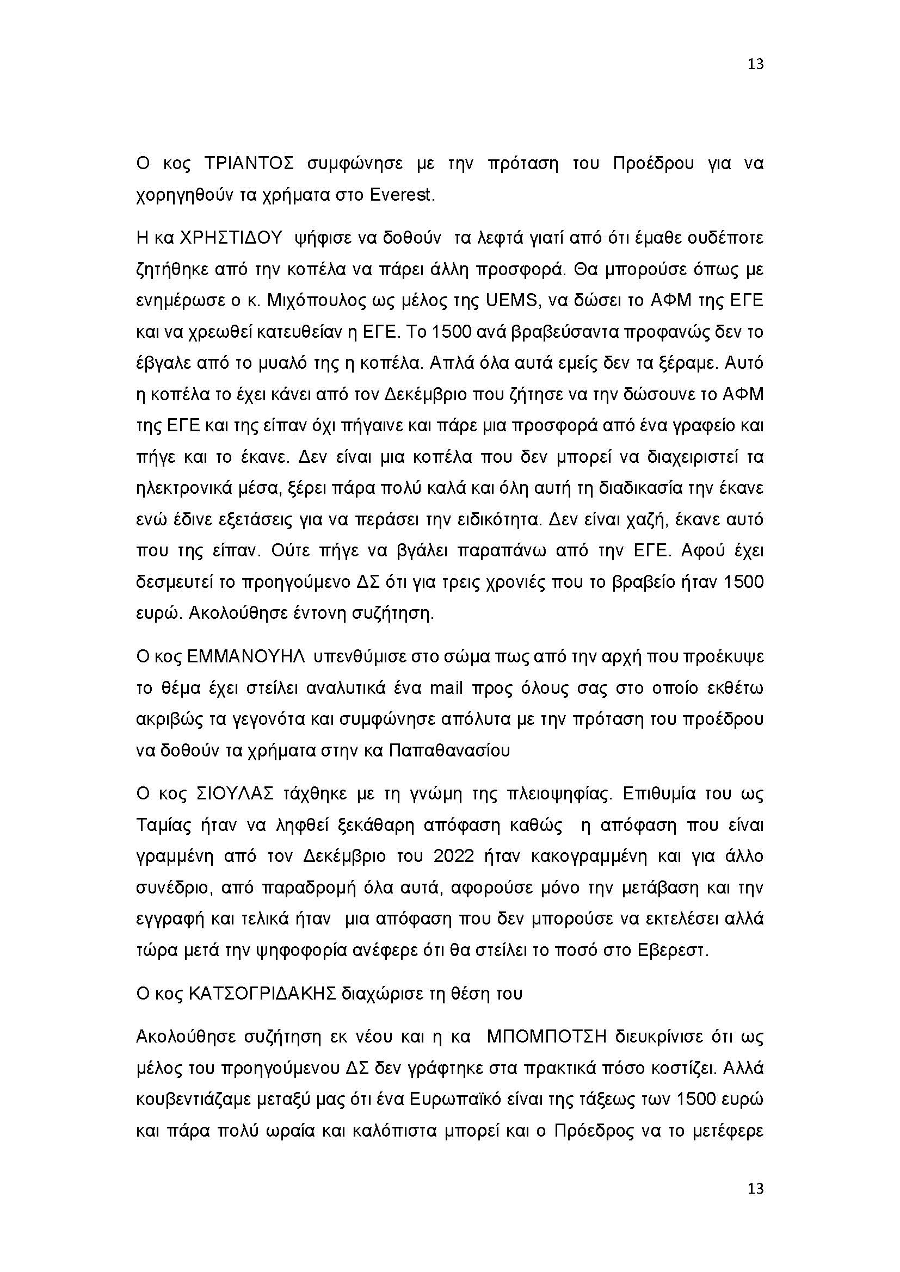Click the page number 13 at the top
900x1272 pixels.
[x=755, y=64]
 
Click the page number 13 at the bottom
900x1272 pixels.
[x=755, y=1188]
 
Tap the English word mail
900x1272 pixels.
[x=449, y=688]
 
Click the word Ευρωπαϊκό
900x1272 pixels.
[x=463, y=1100]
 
